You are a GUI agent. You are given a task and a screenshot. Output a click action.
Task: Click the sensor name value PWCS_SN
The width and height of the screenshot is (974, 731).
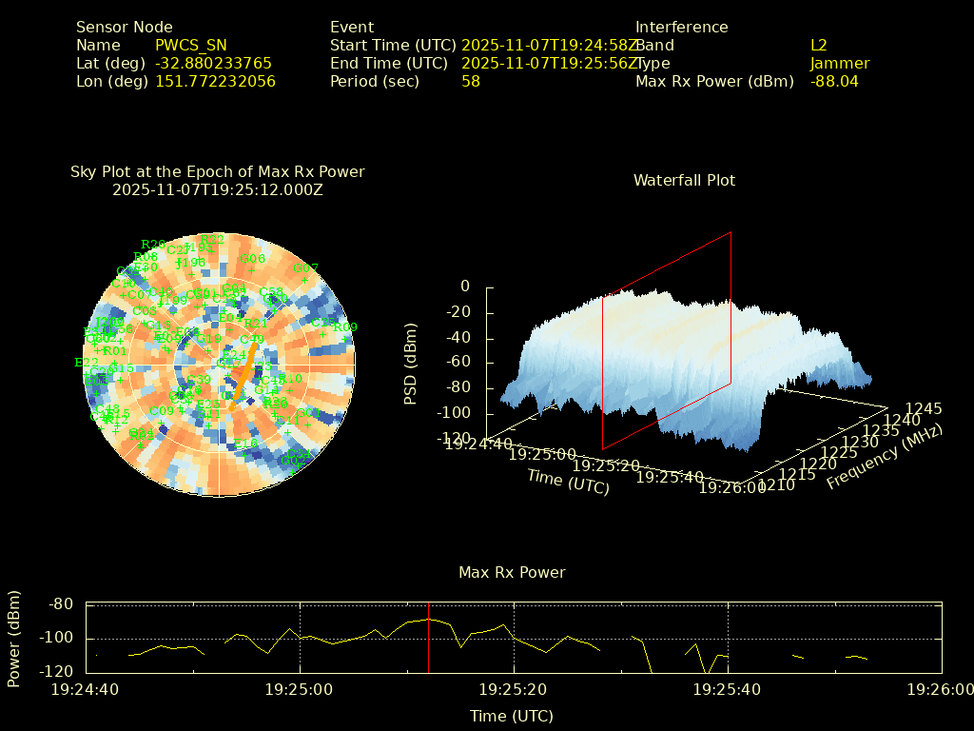(x=191, y=45)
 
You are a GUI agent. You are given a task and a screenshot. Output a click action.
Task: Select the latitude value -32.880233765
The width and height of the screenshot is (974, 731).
(x=213, y=63)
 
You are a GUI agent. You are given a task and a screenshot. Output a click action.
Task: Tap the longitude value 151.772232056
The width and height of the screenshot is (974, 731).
(x=215, y=81)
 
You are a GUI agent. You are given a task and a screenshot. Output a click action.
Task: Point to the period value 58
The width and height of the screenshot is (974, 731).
(x=471, y=81)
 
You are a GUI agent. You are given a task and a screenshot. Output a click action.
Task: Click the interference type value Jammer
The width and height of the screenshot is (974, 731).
(x=840, y=63)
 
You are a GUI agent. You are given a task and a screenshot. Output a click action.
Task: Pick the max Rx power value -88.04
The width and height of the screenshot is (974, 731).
(x=834, y=81)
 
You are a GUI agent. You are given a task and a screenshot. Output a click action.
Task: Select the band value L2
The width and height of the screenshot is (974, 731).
(x=819, y=45)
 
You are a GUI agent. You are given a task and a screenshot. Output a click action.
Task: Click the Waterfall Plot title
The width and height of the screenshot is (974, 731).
(x=684, y=180)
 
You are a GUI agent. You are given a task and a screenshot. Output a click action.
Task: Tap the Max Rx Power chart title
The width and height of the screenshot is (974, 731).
(x=512, y=572)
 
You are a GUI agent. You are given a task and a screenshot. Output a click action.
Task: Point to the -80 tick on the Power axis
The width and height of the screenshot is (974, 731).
(x=62, y=603)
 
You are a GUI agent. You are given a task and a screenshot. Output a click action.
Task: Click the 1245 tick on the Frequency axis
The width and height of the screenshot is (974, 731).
(x=924, y=408)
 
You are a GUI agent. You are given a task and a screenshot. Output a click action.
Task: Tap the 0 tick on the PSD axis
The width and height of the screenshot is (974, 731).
(x=465, y=286)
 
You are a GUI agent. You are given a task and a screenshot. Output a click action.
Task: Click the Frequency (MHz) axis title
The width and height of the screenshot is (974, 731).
(x=885, y=458)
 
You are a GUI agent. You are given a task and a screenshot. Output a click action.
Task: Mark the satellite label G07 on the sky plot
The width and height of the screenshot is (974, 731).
(x=305, y=268)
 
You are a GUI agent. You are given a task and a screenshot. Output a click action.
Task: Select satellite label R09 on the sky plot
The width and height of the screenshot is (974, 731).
(x=344, y=327)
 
